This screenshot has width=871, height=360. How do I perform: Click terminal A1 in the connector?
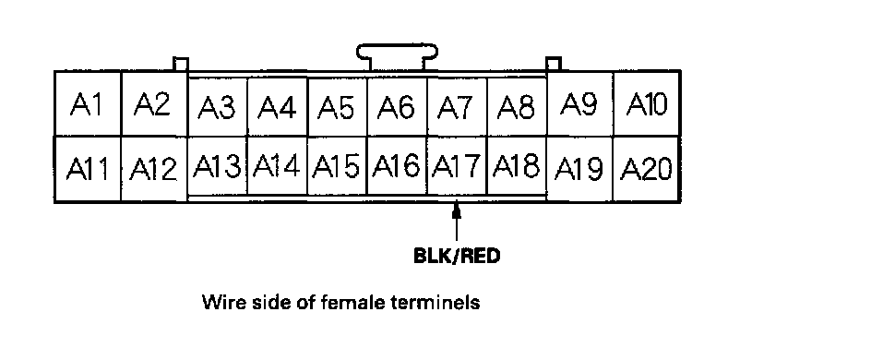click(88, 104)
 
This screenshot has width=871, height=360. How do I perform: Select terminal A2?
click(154, 104)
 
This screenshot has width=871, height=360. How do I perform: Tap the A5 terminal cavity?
click(337, 107)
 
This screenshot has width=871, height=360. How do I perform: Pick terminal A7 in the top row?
click(457, 107)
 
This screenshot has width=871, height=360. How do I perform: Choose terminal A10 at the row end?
click(646, 104)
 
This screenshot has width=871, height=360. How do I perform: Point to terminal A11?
click(88, 168)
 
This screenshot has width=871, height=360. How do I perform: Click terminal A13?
click(217, 165)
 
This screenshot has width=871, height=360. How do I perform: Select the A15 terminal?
click(337, 165)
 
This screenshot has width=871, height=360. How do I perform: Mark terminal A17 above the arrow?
click(457, 165)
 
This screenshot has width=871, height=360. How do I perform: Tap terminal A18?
click(517, 165)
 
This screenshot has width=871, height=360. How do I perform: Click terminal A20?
click(646, 168)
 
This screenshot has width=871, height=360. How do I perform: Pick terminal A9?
click(580, 104)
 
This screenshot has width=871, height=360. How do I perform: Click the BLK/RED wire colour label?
click(457, 256)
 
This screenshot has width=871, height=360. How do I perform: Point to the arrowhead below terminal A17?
click(457, 210)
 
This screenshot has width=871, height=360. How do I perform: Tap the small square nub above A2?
click(181, 64)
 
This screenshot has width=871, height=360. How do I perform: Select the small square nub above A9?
click(554, 64)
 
